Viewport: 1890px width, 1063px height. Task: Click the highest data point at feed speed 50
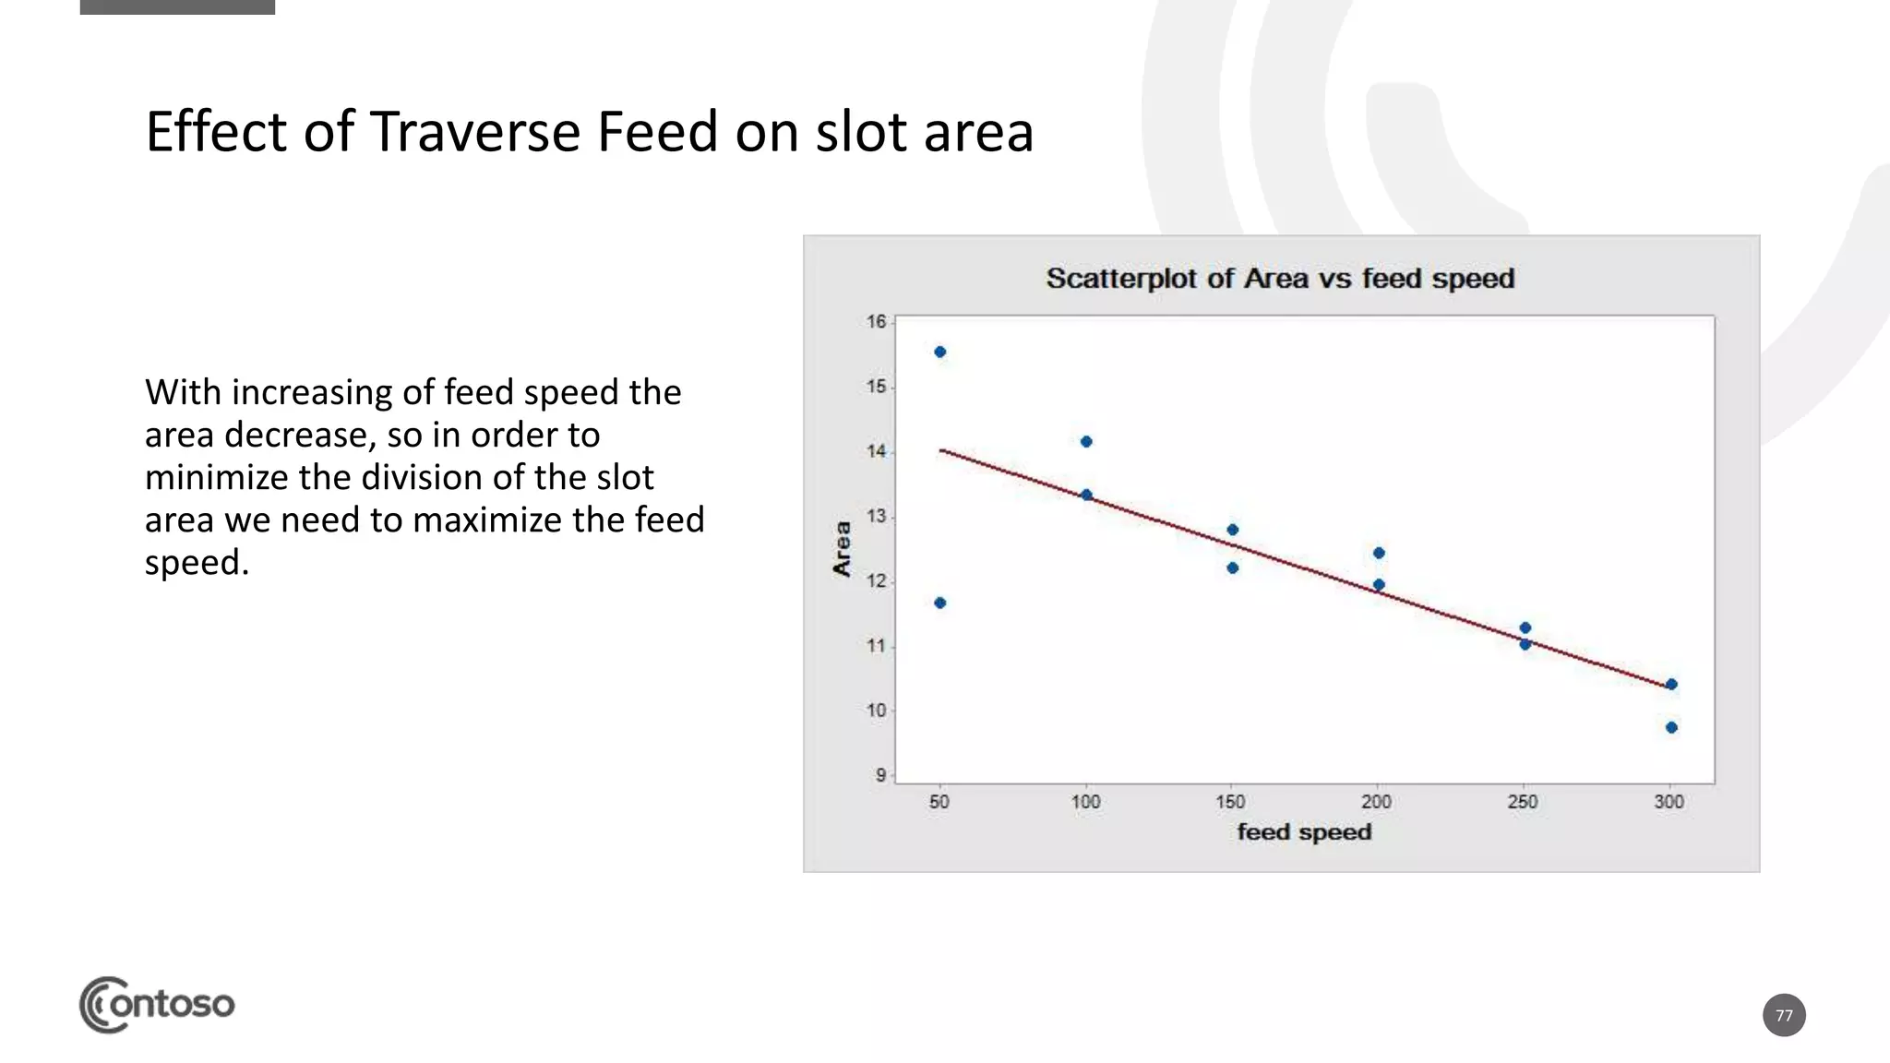point(939,352)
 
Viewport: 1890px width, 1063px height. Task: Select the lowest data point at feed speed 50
point(939,603)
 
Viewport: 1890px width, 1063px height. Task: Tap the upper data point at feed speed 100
point(1086,442)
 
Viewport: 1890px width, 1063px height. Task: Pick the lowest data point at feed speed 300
point(1671,727)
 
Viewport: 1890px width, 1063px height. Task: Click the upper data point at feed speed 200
point(1379,553)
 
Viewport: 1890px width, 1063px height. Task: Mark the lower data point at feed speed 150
point(1233,567)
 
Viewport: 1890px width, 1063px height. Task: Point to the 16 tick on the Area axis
point(876,322)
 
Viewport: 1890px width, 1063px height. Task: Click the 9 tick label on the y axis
point(880,775)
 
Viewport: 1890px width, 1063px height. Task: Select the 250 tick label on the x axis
point(1523,802)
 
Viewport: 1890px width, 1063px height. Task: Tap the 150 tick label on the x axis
point(1230,802)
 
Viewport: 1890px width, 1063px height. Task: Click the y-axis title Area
point(842,549)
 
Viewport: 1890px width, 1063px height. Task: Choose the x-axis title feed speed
point(1304,832)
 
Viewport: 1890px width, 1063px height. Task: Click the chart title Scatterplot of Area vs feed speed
point(1280,279)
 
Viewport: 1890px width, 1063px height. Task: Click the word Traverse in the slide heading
point(476,132)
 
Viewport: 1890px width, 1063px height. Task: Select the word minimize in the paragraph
point(214,477)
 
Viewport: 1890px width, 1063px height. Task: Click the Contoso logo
point(157,1004)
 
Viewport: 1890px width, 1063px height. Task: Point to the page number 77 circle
point(1783,1015)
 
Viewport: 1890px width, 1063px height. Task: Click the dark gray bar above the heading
point(177,6)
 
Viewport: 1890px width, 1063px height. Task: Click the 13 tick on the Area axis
point(876,517)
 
